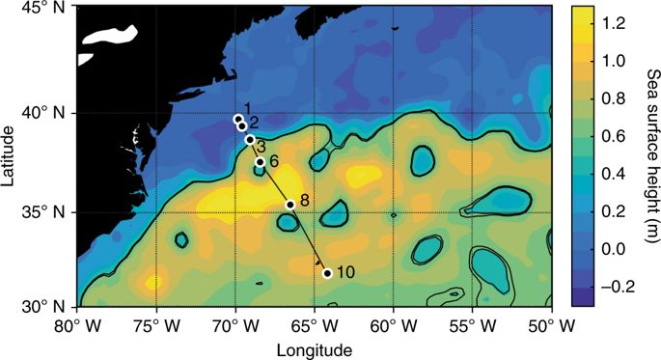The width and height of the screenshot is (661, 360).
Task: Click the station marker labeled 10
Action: point(327,273)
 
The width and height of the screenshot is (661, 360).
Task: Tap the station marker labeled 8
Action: point(290,205)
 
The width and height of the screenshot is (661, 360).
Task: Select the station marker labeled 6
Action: point(260,162)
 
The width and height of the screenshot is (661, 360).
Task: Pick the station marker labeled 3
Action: point(250,140)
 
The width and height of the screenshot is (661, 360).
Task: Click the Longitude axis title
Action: point(314,347)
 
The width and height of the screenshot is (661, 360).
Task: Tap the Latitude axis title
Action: point(12,159)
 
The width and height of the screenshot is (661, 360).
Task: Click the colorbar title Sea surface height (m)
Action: point(647,154)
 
